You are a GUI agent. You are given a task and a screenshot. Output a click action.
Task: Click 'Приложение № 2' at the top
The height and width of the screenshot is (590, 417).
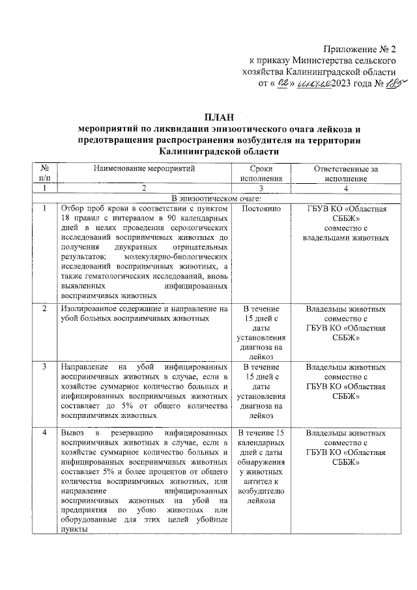[x=359, y=50]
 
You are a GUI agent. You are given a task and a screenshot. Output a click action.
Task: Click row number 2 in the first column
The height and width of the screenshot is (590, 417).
[x=44, y=308]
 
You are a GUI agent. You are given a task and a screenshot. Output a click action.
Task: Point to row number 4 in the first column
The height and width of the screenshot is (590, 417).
[x=44, y=433]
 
